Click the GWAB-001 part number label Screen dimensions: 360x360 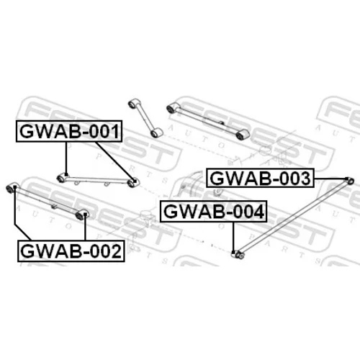[x=69, y=131]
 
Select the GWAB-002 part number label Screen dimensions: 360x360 [x=71, y=251]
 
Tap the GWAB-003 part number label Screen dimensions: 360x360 [x=261, y=179]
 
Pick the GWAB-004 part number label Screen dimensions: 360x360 [x=214, y=212]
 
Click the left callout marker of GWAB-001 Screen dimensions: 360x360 [x=66, y=174]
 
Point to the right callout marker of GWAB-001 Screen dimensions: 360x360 [x=135, y=181]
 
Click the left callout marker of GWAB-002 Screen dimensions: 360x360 [x=15, y=186]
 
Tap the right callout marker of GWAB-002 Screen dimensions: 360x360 [x=85, y=214]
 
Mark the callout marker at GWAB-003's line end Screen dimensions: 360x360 [x=346, y=179]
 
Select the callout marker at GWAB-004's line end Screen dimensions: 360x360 [x=233, y=252]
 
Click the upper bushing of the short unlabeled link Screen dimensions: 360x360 [x=132, y=104]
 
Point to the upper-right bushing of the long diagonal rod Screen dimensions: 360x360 [x=351, y=181]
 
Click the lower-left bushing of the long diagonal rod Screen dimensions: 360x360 [x=239, y=255]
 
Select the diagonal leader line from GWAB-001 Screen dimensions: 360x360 [x=114, y=161]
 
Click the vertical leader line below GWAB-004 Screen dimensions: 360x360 [x=233, y=236]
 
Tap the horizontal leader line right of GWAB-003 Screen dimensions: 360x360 [x=330, y=179]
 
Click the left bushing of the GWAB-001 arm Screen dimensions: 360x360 [x=60, y=179]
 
